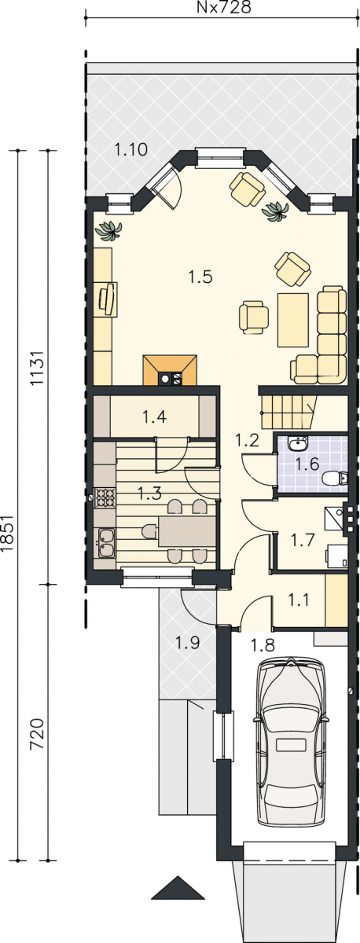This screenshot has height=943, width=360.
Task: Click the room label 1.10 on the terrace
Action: click(x=131, y=149)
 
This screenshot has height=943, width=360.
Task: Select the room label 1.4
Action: click(x=154, y=416)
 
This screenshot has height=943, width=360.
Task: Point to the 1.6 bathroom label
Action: click(x=307, y=464)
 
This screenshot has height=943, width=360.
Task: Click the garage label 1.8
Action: click(x=263, y=644)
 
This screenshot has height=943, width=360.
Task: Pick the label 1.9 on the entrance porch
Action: click(x=187, y=643)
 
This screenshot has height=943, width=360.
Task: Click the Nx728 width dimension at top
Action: click(x=223, y=7)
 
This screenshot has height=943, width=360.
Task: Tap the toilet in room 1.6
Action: click(x=335, y=478)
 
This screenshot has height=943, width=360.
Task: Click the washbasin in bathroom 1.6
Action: click(x=299, y=443)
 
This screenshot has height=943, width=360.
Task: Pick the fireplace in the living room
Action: click(x=170, y=370)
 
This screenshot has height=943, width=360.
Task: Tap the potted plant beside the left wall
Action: click(x=108, y=231)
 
